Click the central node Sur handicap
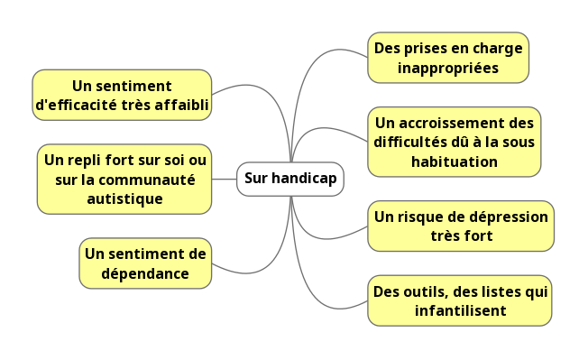[289, 179]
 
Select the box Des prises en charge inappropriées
[448, 58]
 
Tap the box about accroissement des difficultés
[454, 142]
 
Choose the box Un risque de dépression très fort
[461, 226]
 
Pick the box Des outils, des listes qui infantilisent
[460, 300]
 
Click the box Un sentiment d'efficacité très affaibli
[122, 95]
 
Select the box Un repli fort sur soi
[124, 179]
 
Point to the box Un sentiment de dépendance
[144, 263]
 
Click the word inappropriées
[448, 68]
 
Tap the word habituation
[454, 162]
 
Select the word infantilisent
[460, 311]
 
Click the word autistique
[124, 198]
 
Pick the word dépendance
[144, 272]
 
